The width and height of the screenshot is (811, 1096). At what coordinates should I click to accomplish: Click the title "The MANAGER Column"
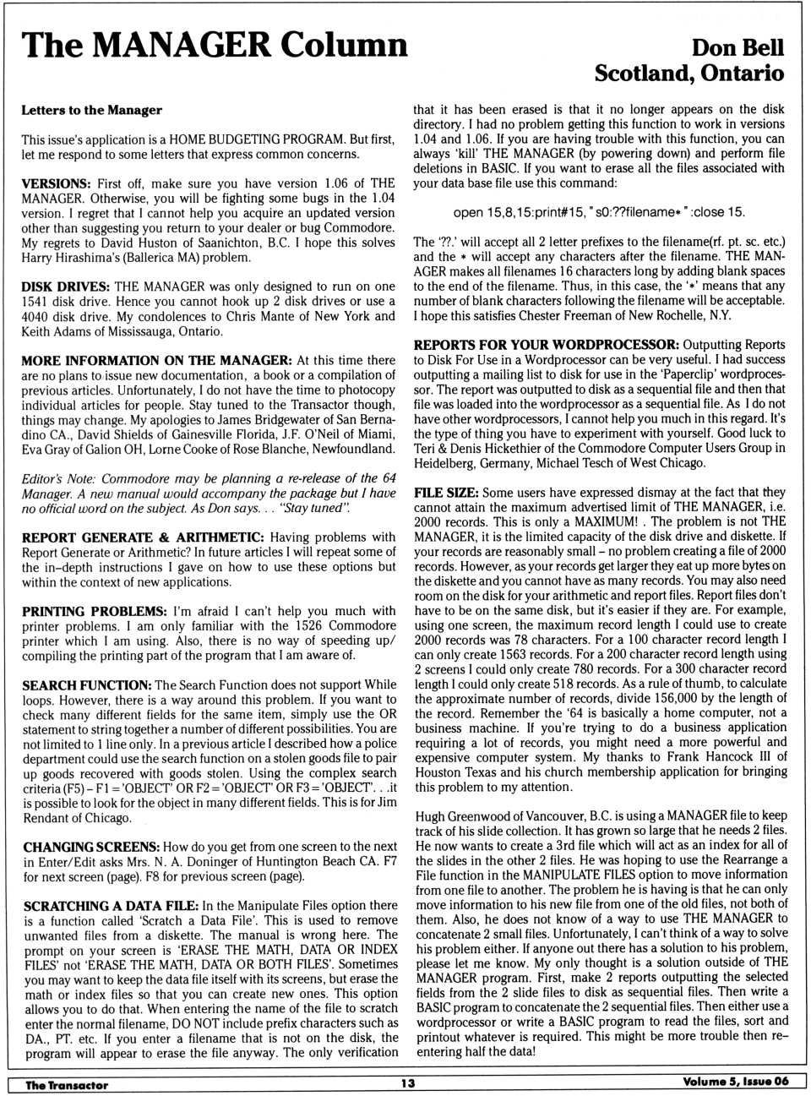(x=215, y=44)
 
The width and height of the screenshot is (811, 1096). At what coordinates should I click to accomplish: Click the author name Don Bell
(x=738, y=47)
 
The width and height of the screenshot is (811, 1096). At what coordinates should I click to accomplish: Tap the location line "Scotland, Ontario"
(x=689, y=74)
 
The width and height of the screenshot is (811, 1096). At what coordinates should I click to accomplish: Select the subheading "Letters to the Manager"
(x=91, y=110)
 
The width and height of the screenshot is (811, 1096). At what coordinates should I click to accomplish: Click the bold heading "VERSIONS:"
(x=56, y=183)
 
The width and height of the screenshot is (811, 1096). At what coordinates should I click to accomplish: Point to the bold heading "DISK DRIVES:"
(x=65, y=286)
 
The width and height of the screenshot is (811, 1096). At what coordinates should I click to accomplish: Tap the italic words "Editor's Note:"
(x=58, y=478)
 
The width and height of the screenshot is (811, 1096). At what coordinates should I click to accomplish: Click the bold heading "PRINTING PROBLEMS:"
(x=94, y=611)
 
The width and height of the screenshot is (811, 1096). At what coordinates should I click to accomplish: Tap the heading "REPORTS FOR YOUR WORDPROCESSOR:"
(x=546, y=345)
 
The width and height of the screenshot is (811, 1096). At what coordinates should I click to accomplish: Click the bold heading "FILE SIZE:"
(x=445, y=492)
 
